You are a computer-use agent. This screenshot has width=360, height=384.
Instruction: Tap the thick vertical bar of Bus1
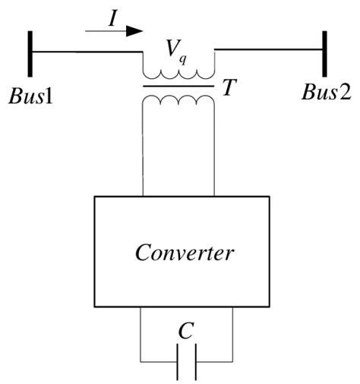tap(31, 53)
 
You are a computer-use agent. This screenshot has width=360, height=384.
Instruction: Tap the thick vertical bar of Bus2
tap(326, 53)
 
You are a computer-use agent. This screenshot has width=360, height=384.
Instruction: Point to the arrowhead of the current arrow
tap(134, 31)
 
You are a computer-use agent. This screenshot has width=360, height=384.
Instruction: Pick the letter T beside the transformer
tap(228, 89)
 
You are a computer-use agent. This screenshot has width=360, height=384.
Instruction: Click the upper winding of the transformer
tap(178, 74)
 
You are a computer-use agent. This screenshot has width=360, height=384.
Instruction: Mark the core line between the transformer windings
tap(178, 87)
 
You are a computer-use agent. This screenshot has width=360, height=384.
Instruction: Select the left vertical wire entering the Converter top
tap(143, 152)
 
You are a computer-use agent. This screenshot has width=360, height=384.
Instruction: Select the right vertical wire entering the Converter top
tap(215, 152)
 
